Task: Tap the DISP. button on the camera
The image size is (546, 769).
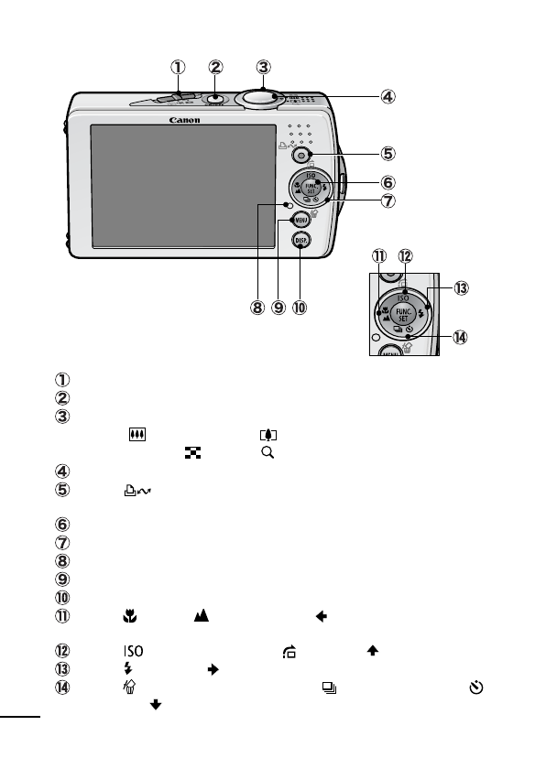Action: click(x=301, y=241)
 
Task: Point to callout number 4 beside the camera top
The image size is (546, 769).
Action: click(x=388, y=95)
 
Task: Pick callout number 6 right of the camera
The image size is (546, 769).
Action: click(x=388, y=183)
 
